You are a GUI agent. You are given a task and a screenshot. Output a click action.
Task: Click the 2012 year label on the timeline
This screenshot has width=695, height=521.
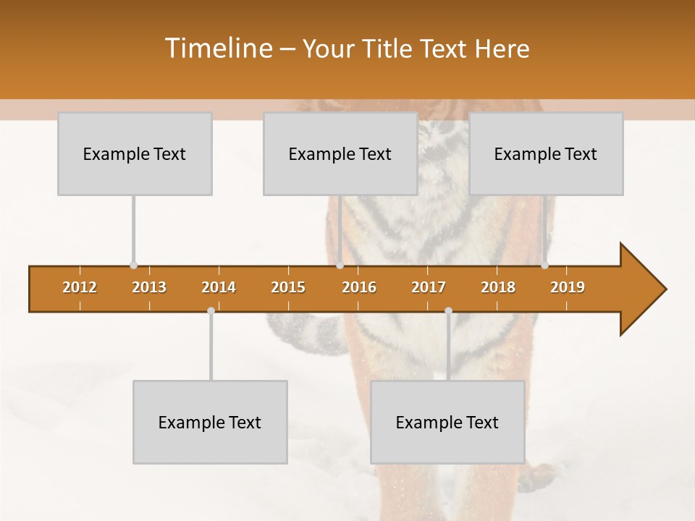tap(80, 287)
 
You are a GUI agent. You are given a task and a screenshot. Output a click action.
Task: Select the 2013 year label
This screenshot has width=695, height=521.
tap(149, 287)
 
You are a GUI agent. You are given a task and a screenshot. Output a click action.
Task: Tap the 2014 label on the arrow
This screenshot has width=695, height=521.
tap(219, 287)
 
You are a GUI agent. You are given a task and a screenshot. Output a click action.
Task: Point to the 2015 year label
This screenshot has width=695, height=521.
tap(288, 287)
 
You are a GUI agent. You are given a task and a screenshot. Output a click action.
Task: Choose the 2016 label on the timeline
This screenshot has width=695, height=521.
tap(359, 287)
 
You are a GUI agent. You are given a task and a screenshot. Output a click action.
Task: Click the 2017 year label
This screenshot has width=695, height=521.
tap(429, 287)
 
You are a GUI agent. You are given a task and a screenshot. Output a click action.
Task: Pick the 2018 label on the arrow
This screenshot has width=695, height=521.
tap(498, 287)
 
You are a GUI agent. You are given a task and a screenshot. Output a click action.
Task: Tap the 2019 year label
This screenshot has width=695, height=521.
tap(568, 287)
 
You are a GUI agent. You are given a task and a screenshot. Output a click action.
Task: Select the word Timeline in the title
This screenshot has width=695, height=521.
tap(217, 48)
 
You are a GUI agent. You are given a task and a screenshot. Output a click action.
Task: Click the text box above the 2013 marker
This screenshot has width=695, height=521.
tap(135, 153)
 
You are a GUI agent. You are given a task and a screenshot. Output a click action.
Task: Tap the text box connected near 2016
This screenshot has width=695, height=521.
tap(340, 153)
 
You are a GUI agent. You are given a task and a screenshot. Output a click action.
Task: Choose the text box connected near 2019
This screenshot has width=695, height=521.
tap(546, 153)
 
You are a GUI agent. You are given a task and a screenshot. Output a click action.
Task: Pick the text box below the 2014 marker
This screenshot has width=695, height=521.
tap(210, 422)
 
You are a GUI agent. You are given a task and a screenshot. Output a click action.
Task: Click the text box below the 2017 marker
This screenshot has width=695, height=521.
tap(447, 422)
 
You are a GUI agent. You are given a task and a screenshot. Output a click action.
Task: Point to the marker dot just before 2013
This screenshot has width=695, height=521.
tap(133, 266)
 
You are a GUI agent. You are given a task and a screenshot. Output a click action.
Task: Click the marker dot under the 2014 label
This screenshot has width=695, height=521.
tap(211, 310)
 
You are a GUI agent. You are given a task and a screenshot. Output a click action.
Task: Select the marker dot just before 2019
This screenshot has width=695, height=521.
tap(544, 266)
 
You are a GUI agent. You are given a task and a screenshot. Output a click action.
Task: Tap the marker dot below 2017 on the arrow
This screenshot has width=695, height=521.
tap(448, 310)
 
